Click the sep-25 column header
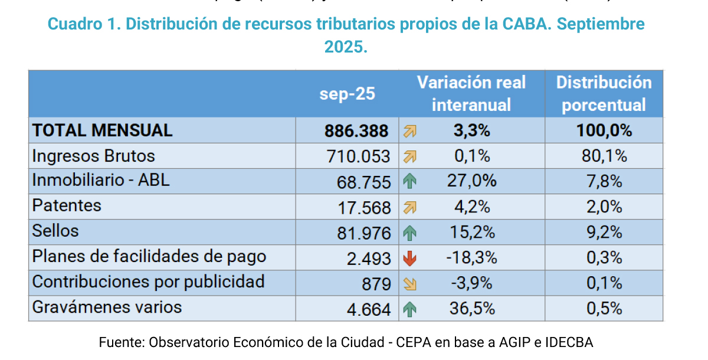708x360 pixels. pyautogui.click(x=347, y=94)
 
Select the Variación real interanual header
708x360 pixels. pyautogui.click(x=471, y=94)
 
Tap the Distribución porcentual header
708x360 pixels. pyautogui.click(x=604, y=94)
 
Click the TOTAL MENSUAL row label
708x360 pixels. pyautogui.click(x=102, y=130)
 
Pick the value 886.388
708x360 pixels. pyautogui.click(x=356, y=131)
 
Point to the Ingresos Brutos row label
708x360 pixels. pyautogui.click(x=93, y=156)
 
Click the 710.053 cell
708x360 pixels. pyautogui.click(x=358, y=156)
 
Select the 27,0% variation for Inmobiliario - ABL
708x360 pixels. pyautogui.click(x=471, y=181)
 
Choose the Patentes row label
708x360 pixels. pyautogui.click(x=67, y=206)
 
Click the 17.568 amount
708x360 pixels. pyautogui.click(x=363, y=207)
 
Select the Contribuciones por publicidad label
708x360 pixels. pyautogui.click(x=148, y=282)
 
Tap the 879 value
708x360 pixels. pyautogui.click(x=376, y=284)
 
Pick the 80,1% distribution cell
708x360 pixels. pyautogui.click(x=604, y=156)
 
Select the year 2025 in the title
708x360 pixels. pyautogui.click(x=346, y=47)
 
